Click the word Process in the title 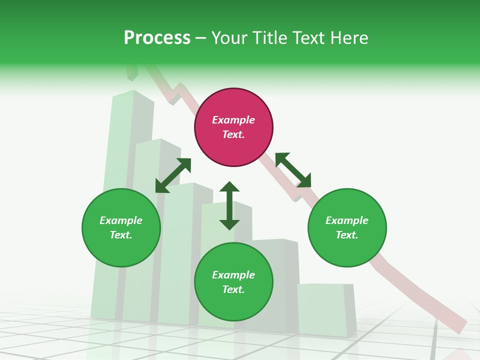point(157,38)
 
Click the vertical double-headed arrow point(229,205)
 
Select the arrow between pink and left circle point(173,175)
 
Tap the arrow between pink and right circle point(293,170)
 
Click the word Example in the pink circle point(233,120)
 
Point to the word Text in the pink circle point(233,134)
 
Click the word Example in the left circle point(121,220)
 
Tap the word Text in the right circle point(346,235)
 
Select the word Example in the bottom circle point(233,275)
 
